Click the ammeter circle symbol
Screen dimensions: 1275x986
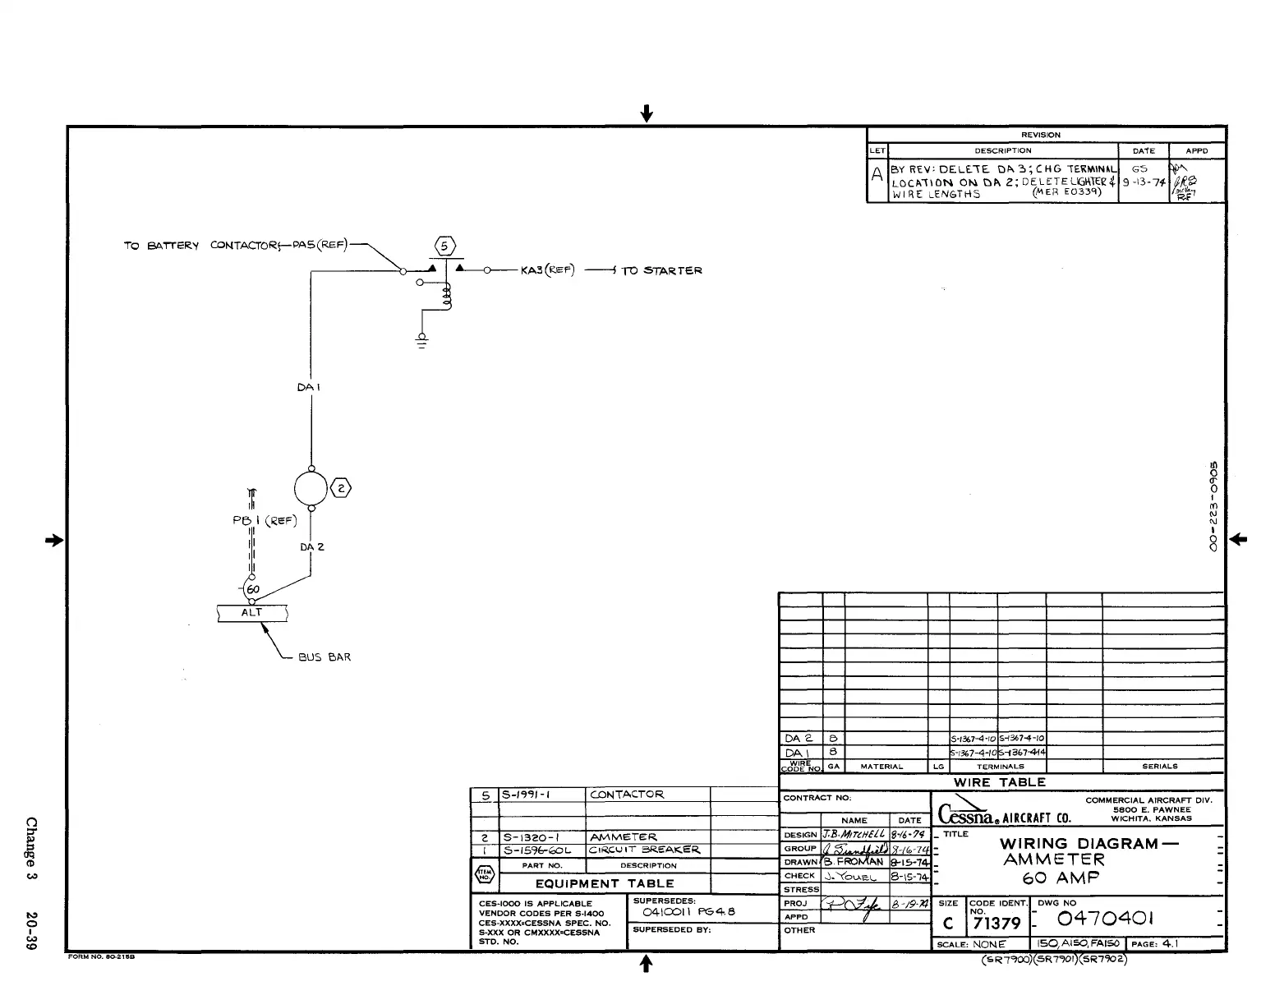311,488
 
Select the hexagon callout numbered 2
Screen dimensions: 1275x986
341,489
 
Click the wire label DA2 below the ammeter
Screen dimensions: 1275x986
312,546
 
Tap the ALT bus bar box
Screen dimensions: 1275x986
252,613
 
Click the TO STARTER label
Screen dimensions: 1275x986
661,270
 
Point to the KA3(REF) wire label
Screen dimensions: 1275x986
548,270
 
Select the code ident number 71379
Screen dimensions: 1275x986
996,924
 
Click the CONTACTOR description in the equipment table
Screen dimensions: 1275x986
627,795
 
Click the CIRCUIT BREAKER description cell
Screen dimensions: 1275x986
644,850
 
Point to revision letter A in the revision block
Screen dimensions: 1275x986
877,174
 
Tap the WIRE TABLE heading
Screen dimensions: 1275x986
1000,782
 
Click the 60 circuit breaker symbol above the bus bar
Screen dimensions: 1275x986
251,590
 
